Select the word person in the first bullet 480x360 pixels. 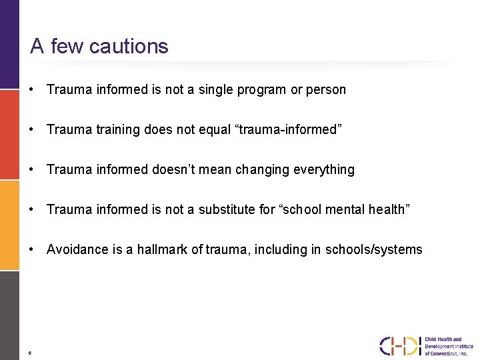coord(326,90)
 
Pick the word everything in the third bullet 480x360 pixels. coord(324,170)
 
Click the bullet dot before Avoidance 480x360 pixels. coord(32,249)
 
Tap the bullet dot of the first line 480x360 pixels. coord(32,89)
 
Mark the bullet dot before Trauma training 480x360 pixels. coord(32,129)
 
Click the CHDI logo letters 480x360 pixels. coord(400,346)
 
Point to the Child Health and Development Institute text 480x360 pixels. coord(449,346)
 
